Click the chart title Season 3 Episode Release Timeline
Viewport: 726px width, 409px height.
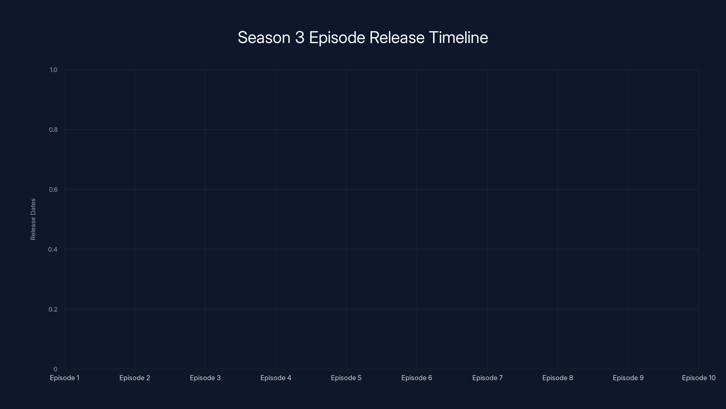[363, 37]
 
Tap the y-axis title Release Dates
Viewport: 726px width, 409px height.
[33, 219]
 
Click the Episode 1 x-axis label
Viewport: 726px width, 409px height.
[64, 378]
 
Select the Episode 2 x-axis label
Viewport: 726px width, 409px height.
[135, 378]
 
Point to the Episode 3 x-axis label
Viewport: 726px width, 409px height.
[205, 378]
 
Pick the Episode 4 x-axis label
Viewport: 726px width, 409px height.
[276, 378]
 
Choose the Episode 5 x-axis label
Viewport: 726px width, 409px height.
[346, 378]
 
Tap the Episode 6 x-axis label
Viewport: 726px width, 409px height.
[417, 378]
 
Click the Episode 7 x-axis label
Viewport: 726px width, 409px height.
[487, 378]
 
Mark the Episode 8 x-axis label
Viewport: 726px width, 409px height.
[557, 378]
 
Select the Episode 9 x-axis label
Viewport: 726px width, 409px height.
[628, 378]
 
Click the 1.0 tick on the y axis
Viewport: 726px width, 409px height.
[53, 70]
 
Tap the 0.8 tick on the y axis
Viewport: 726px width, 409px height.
[53, 130]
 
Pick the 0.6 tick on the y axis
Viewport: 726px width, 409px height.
[53, 190]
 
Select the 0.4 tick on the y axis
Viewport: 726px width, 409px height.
[53, 249]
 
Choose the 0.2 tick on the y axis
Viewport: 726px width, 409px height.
[53, 309]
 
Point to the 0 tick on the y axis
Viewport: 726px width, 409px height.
[55, 369]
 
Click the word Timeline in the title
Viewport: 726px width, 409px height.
[458, 37]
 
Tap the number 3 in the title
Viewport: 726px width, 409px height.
[299, 37]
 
